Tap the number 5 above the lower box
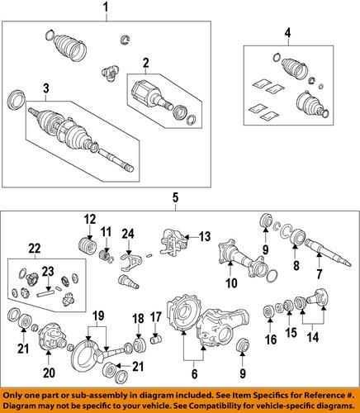coord(174,197)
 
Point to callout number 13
coord(205,236)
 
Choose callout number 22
coord(33,249)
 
